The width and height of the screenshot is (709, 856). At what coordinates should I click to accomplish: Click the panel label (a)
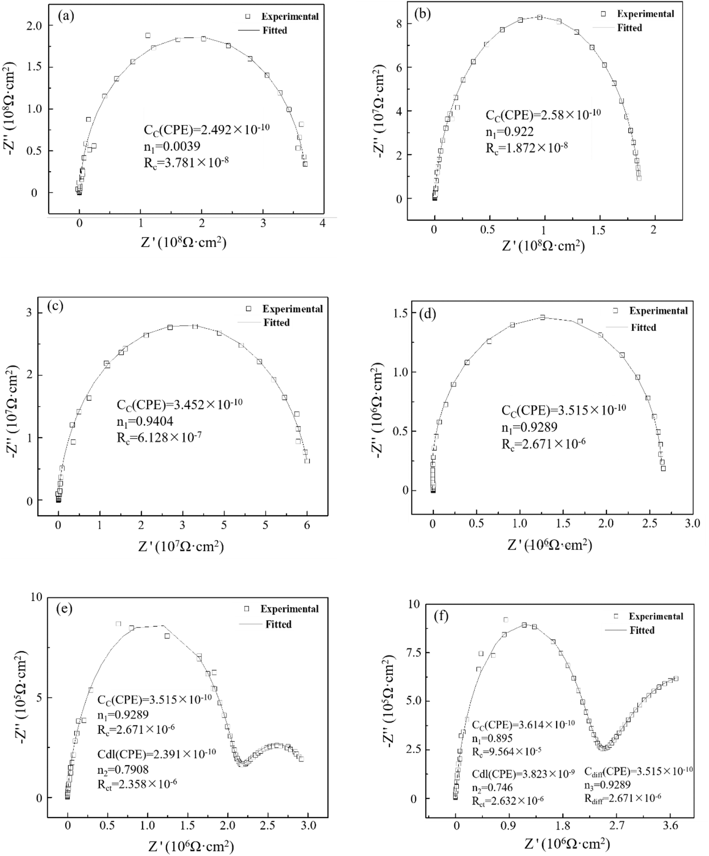[x=66, y=16]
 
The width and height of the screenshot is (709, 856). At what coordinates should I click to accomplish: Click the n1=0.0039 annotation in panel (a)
[x=172, y=146]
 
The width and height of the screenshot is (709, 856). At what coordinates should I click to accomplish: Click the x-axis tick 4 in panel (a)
[x=322, y=223]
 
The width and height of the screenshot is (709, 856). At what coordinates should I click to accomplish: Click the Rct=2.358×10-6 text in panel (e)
[x=137, y=783]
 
